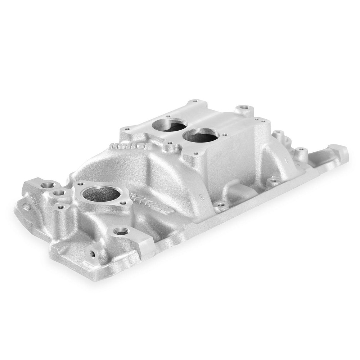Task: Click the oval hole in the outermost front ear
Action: (26, 207)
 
